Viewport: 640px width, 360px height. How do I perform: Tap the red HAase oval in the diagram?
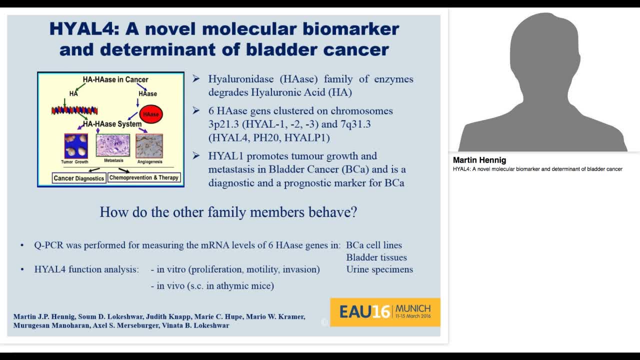coord(150,114)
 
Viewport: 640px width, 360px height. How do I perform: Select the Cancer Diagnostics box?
coord(79,178)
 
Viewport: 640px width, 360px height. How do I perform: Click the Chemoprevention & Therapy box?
coord(144,177)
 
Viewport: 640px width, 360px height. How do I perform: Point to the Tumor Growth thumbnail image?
coord(76,146)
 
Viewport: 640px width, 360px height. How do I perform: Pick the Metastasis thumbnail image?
coord(113,145)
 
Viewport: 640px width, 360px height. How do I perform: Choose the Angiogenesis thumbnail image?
coord(149,145)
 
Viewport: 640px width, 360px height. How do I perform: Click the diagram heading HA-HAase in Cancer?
coord(115,79)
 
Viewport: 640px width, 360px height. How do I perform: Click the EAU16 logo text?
coord(364,312)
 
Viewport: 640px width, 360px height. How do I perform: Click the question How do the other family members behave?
coord(228,212)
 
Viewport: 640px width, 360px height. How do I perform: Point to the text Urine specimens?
coord(379,269)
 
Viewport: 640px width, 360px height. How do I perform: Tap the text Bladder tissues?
coord(376,257)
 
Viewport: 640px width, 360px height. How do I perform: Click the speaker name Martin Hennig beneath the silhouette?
coord(479,160)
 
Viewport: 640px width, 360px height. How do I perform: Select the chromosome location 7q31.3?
coord(353,124)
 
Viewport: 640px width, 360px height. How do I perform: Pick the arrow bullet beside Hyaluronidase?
coord(196,79)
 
